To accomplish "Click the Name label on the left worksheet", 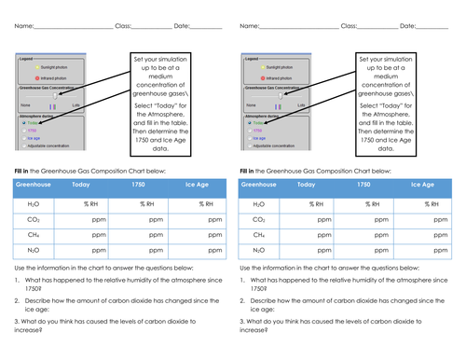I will point(23,26).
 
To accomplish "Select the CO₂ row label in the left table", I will point(34,219).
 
